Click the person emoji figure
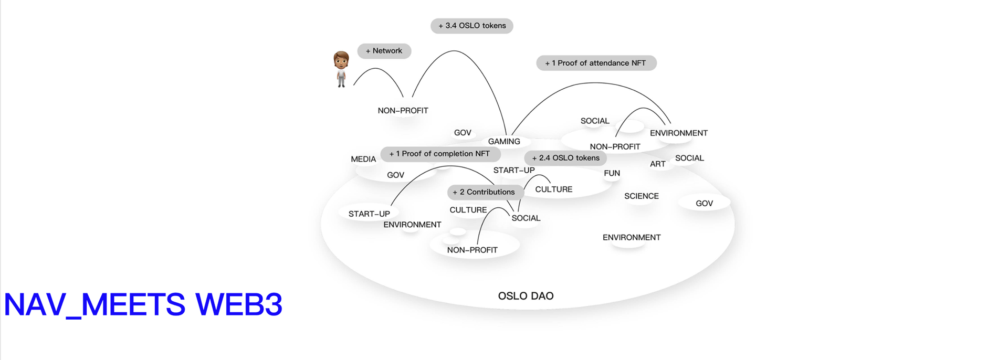[341, 69]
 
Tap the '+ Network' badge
[384, 51]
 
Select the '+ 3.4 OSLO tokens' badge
[472, 26]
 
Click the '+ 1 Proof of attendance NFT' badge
[596, 63]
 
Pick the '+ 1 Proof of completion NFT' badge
[440, 154]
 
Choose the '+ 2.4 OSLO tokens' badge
[565, 158]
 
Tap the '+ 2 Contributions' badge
[484, 192]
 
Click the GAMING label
[504, 142]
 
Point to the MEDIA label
[363, 159]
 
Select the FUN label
[612, 173]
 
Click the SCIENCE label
[642, 196]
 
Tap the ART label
[658, 164]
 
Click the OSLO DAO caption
[526, 296]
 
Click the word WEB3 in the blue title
[239, 304]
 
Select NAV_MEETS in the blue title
[94, 304]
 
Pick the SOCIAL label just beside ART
[689, 158]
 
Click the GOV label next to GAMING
[463, 133]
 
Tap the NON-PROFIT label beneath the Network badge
[403, 111]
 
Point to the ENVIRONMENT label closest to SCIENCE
[632, 238]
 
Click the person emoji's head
[341, 60]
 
